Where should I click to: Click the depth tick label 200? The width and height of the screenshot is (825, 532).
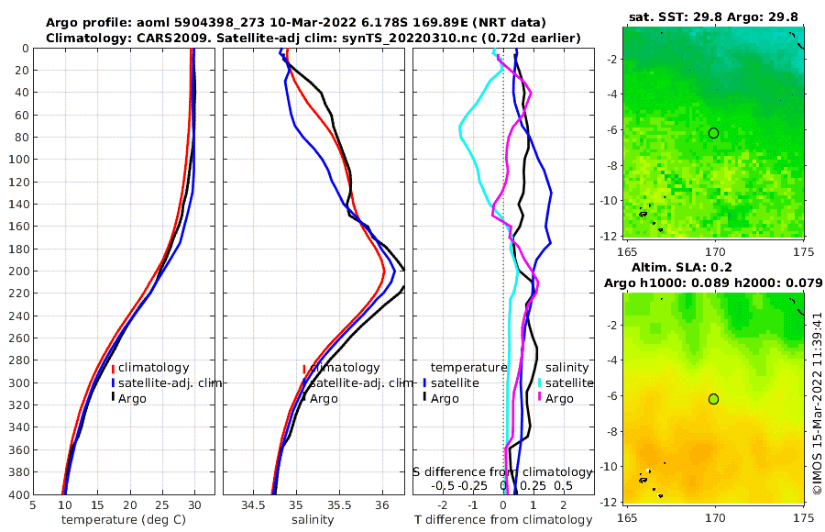coord(16,272)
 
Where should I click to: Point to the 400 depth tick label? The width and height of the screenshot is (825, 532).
coord(16,494)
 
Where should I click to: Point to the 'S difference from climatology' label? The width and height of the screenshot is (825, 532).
coord(503,471)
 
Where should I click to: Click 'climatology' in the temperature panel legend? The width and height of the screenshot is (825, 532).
coord(153,368)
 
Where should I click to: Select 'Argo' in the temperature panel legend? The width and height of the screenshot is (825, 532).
coord(134,398)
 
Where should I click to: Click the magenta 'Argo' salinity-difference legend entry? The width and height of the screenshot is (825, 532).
coord(559,398)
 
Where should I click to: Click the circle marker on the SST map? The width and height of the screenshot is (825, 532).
coord(714,133)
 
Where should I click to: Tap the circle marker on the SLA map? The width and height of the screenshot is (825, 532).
coord(714,398)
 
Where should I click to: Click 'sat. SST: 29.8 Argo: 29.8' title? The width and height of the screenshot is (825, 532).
coord(714,16)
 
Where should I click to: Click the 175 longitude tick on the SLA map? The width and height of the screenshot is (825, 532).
coord(803,516)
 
